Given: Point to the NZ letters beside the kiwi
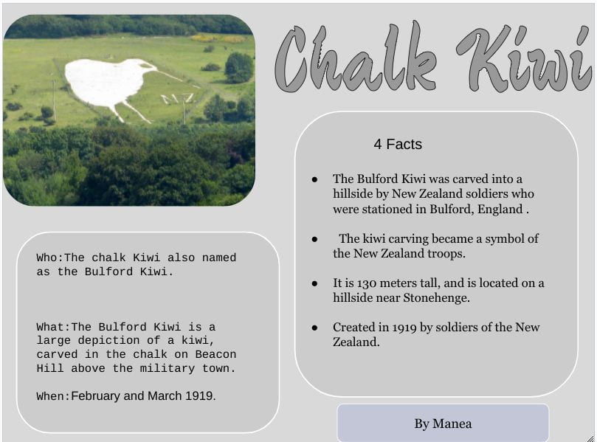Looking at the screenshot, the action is point(178,99).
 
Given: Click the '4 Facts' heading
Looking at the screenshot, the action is point(398,145).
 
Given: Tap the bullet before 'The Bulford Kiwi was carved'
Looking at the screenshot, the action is point(314,179).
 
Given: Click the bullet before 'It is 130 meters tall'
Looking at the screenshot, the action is point(314,283).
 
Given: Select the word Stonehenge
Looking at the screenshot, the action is point(436,297).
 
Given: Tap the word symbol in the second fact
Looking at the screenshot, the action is point(504,239).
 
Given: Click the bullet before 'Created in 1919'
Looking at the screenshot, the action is point(314,328).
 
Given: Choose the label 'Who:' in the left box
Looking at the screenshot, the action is point(50,258).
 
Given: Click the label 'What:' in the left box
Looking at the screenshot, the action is point(53,327).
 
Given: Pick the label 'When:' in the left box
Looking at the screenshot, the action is point(53,396).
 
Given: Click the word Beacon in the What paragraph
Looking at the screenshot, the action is point(215,354).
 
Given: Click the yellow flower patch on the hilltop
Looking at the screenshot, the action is point(218,38).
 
